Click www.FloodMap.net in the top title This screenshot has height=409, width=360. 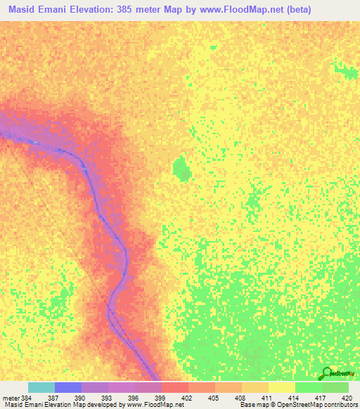pos(242,9)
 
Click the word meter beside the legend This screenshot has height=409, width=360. pos(11,397)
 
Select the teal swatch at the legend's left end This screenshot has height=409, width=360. pos(41,387)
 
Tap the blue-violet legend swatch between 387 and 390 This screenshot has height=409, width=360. pos(68,387)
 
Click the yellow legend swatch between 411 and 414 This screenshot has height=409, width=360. pos(282,387)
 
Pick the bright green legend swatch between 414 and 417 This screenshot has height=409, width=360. pos(309,387)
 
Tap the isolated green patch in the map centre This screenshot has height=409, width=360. pos(181,168)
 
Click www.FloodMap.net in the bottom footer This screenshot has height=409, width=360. pos(150,405)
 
